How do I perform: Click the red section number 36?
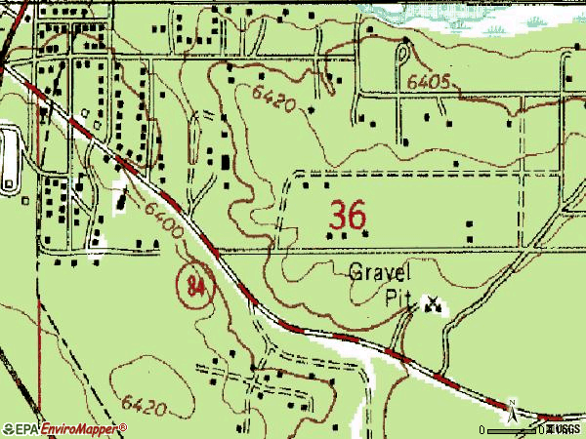click(349, 215)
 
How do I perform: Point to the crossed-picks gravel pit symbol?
click(431, 306)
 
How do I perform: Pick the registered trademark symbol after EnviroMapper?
click(123, 426)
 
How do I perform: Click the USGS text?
click(566, 429)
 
